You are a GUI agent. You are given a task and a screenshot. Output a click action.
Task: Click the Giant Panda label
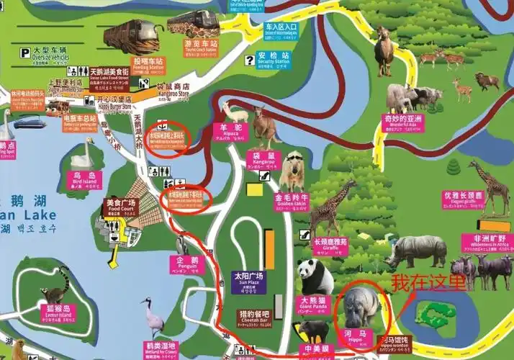(x=313, y=302)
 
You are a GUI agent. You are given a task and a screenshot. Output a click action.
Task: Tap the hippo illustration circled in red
(x=361, y=305)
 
